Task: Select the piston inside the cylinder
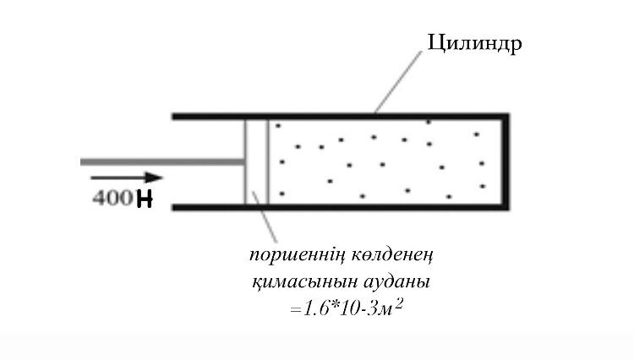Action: (x=256, y=161)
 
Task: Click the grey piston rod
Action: (x=161, y=161)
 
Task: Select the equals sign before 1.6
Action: (x=295, y=311)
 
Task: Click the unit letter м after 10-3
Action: (x=385, y=311)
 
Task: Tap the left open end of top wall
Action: (x=176, y=115)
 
